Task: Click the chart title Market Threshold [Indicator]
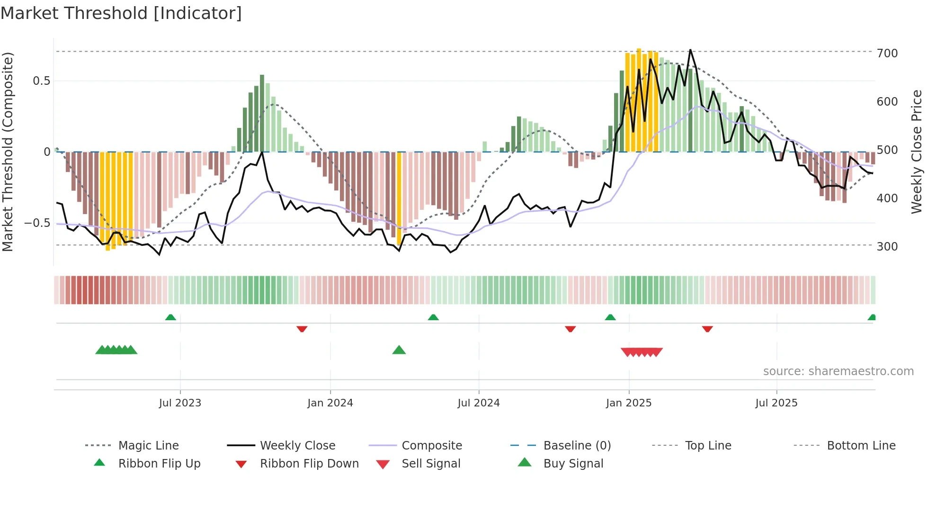(121, 13)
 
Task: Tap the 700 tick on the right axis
(887, 53)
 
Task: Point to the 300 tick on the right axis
(887, 246)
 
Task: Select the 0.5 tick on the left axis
(42, 81)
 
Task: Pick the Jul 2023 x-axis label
(180, 403)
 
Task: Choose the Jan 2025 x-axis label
(629, 403)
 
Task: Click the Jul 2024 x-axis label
(479, 403)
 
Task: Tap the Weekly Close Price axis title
(917, 152)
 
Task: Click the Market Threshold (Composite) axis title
(8, 152)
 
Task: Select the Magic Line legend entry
(148, 446)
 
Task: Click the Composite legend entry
(432, 446)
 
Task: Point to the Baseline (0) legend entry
(577, 446)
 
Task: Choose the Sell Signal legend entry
(431, 464)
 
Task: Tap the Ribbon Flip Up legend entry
(159, 464)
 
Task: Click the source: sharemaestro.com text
(838, 371)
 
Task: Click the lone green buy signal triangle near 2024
(399, 350)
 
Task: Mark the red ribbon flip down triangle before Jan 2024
(302, 329)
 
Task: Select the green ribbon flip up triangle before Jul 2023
(170, 317)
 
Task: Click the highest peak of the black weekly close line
(690, 50)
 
